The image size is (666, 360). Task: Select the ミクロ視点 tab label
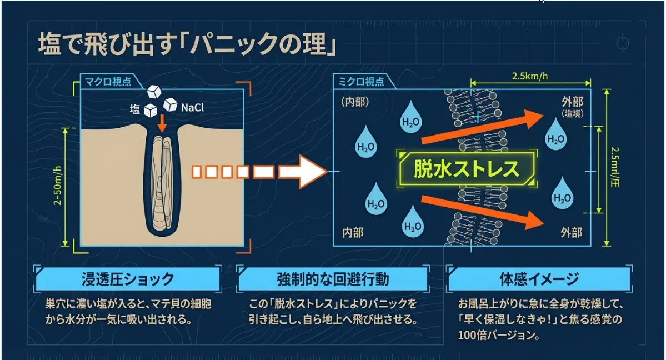point(362,82)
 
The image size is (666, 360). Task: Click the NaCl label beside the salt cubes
point(192,107)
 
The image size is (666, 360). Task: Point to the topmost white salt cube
point(153,92)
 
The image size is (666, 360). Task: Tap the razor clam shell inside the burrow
point(164,186)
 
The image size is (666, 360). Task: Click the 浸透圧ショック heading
point(127,279)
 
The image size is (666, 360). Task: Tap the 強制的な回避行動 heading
point(333,279)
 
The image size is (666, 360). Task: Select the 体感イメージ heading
point(538,279)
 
